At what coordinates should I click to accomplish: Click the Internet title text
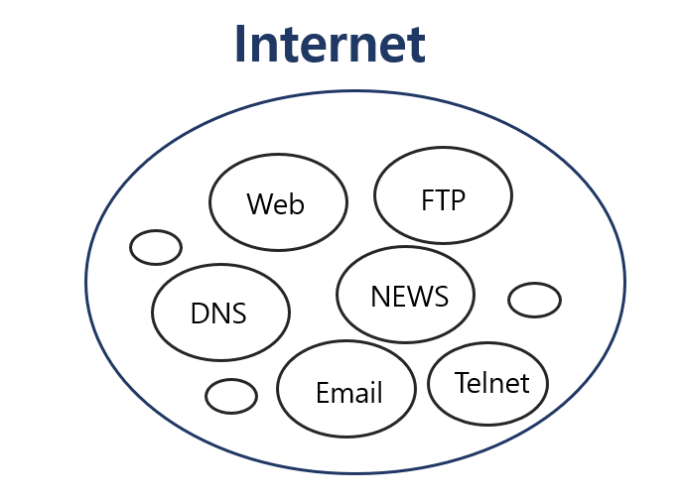(x=330, y=44)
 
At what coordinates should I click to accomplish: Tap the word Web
(x=276, y=204)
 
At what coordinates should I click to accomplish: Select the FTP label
(x=443, y=199)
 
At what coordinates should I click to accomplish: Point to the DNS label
(x=218, y=314)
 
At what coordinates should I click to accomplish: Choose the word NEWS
(x=409, y=297)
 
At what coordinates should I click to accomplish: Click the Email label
(x=348, y=393)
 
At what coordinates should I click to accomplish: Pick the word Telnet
(x=491, y=383)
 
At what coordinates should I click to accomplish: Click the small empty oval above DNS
(x=156, y=247)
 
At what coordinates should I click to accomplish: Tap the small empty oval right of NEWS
(x=534, y=300)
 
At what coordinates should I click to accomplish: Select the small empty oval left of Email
(x=230, y=396)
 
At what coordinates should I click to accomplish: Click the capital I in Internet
(x=240, y=44)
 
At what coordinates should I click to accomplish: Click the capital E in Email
(x=322, y=393)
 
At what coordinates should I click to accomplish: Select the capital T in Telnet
(x=462, y=383)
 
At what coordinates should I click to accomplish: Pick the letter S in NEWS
(x=440, y=297)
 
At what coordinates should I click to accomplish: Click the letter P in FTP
(x=458, y=199)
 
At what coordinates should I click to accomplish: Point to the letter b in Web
(x=296, y=204)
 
